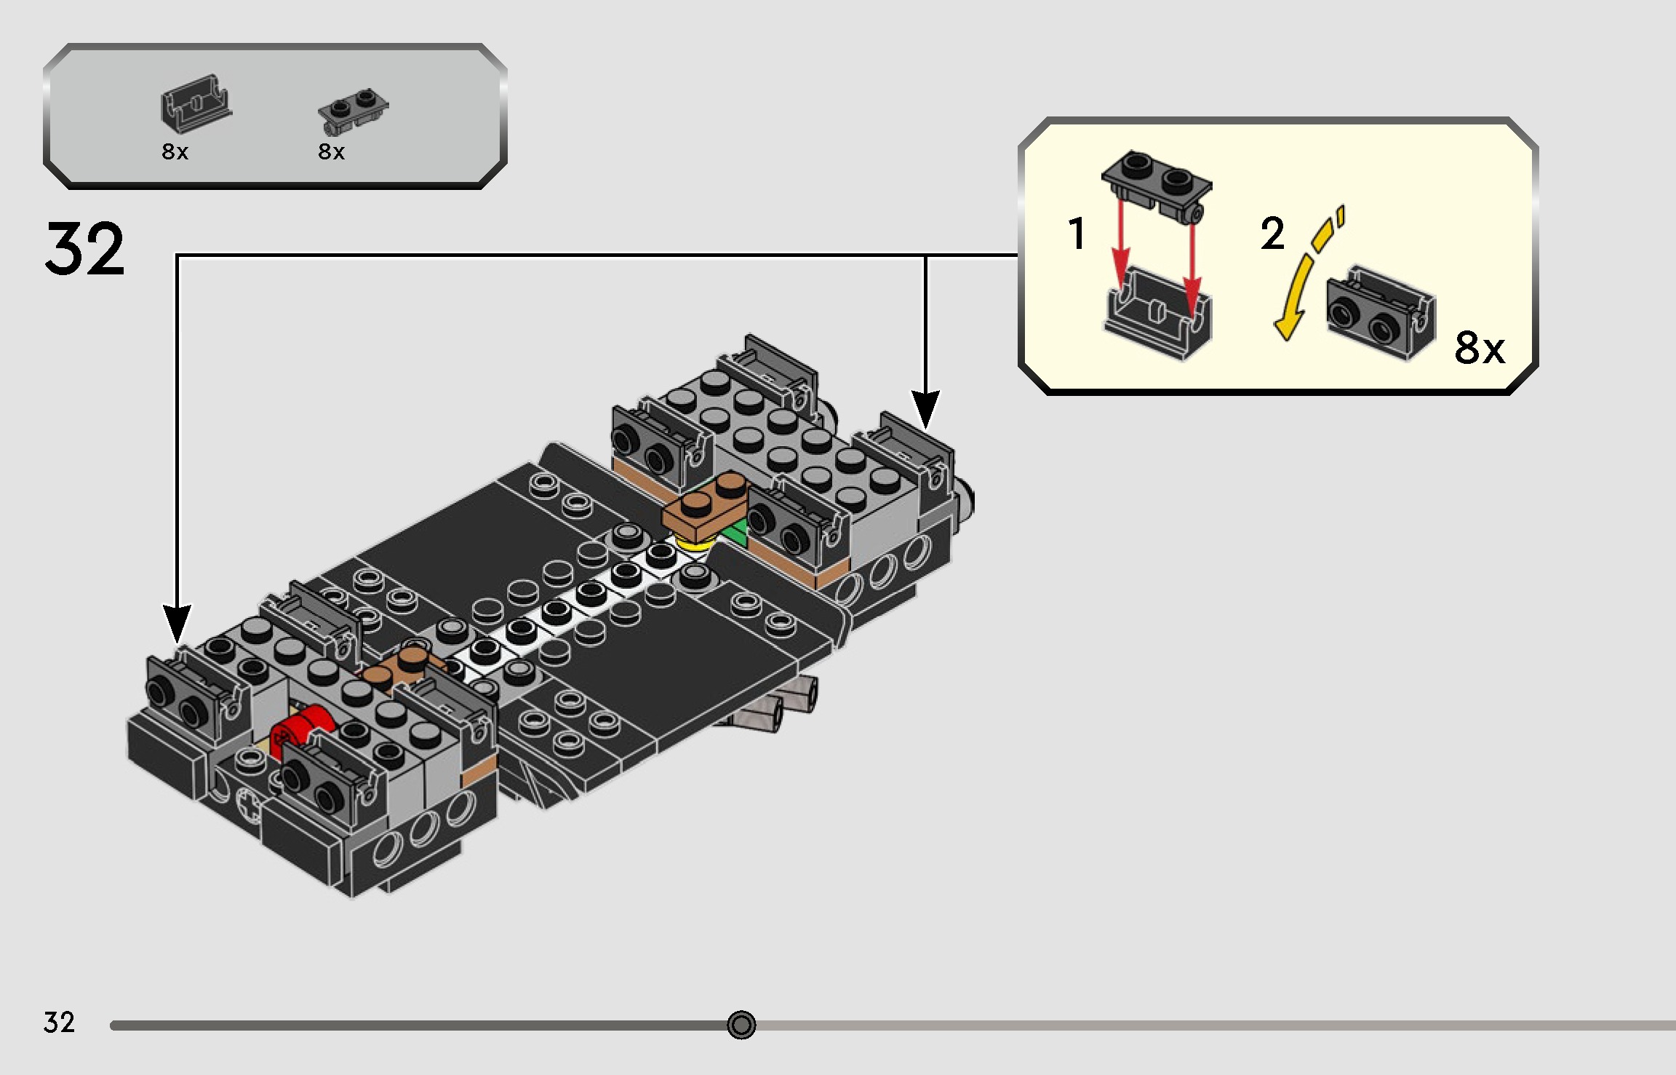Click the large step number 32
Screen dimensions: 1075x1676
click(x=85, y=250)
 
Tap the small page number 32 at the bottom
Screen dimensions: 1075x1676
click(x=59, y=1023)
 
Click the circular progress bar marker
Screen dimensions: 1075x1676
click(x=741, y=1025)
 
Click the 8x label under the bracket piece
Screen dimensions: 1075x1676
click(x=175, y=152)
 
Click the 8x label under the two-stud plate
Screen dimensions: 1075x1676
click(x=332, y=152)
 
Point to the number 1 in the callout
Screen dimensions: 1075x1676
click(x=1077, y=234)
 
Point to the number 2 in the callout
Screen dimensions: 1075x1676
click(x=1272, y=234)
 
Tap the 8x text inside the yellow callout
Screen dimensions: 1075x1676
click(x=1480, y=348)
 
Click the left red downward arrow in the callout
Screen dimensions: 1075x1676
click(x=1121, y=247)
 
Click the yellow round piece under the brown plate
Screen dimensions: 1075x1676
click(x=695, y=542)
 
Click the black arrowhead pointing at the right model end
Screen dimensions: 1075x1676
click(x=925, y=409)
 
